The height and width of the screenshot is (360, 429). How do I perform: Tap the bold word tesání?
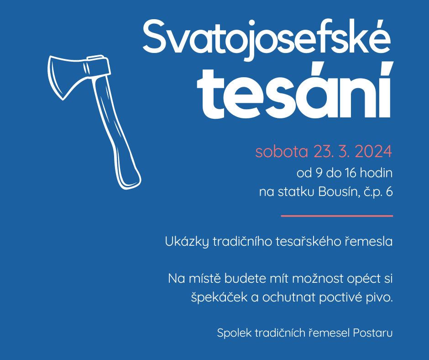click(x=295, y=90)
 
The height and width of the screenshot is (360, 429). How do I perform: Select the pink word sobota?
click(x=282, y=152)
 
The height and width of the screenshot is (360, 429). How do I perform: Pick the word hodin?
click(x=376, y=173)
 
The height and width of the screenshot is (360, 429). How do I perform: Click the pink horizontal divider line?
click(x=337, y=216)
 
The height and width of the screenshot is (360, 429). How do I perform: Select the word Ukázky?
click(x=187, y=242)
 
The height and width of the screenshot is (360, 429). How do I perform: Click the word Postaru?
click(x=373, y=333)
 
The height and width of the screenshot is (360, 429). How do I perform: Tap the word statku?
click(x=296, y=192)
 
